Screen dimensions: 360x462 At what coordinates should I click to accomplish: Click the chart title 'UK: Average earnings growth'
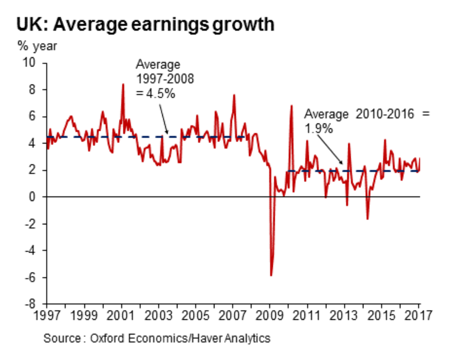(145, 25)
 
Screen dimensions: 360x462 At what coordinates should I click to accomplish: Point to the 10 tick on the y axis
(31, 63)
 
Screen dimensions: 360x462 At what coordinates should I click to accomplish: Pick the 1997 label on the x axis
(47, 316)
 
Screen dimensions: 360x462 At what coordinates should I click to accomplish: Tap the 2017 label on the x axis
(419, 316)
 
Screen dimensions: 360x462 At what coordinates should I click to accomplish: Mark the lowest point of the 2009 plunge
(271, 275)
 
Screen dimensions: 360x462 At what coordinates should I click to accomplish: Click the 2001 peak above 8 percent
(123, 84)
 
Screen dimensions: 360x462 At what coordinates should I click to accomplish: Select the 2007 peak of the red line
(234, 95)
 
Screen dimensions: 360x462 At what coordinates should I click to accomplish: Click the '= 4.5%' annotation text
(155, 93)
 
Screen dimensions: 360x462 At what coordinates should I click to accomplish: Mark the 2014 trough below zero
(367, 219)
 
